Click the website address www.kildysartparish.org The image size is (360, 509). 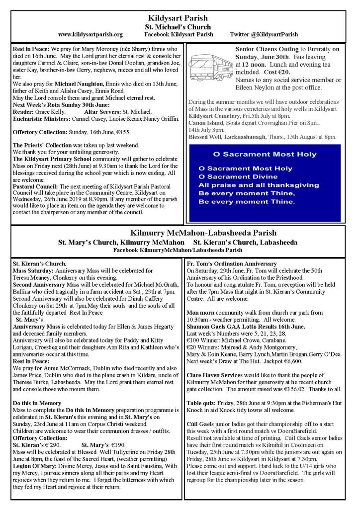coord(90,35)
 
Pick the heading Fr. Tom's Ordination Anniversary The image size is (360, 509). coord(231,263)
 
